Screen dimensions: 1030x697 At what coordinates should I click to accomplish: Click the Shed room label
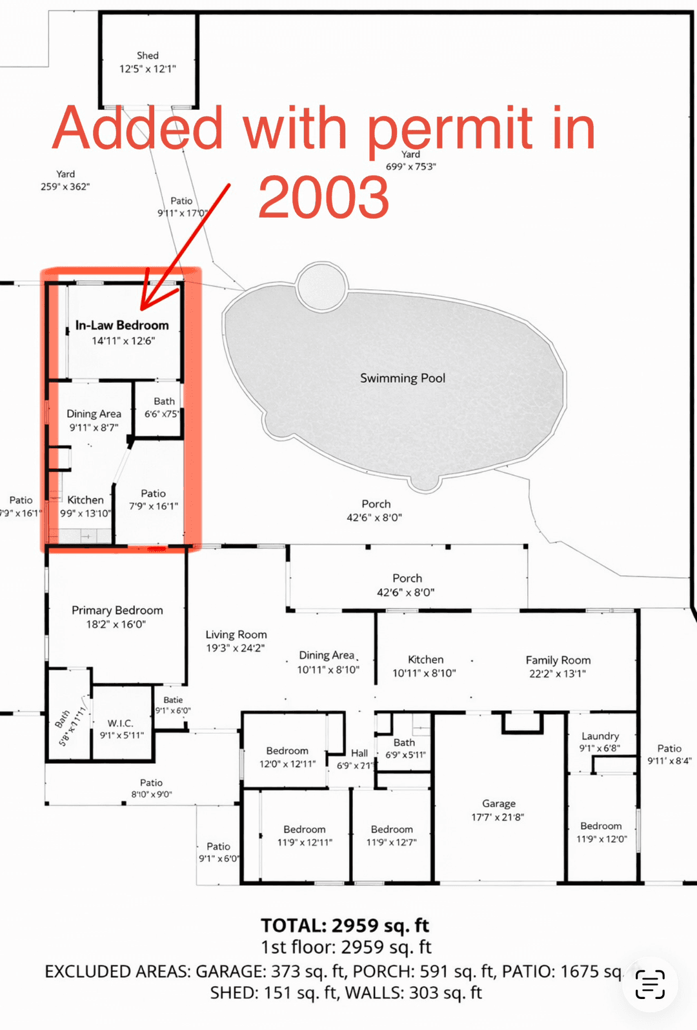(x=148, y=56)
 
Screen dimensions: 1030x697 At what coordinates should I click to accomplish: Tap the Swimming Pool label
(x=403, y=378)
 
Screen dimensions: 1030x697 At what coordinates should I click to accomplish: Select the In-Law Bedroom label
(x=122, y=325)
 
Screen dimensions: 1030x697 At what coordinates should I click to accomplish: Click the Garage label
(x=499, y=804)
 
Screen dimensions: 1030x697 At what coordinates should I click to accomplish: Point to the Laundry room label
(x=600, y=736)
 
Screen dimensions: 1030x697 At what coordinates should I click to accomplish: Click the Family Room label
(x=558, y=660)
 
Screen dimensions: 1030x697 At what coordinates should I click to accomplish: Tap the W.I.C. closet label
(x=121, y=723)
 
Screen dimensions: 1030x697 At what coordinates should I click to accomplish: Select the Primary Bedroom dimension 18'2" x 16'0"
(x=116, y=624)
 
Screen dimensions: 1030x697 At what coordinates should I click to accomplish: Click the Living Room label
(x=236, y=635)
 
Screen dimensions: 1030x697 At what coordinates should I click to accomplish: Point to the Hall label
(x=359, y=753)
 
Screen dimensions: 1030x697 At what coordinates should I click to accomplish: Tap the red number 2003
(x=323, y=198)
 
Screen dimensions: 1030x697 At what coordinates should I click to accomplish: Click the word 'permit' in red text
(x=450, y=129)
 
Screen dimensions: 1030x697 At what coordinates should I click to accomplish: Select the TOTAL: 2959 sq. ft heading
(x=345, y=925)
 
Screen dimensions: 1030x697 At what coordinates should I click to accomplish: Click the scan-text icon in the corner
(x=650, y=984)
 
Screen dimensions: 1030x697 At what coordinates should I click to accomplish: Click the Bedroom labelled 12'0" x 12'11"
(x=287, y=751)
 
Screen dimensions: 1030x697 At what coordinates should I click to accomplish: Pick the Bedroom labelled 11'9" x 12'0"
(x=601, y=826)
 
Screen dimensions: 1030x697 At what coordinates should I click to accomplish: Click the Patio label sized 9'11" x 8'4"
(x=669, y=748)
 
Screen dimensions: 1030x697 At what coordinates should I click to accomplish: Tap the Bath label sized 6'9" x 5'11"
(x=405, y=743)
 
